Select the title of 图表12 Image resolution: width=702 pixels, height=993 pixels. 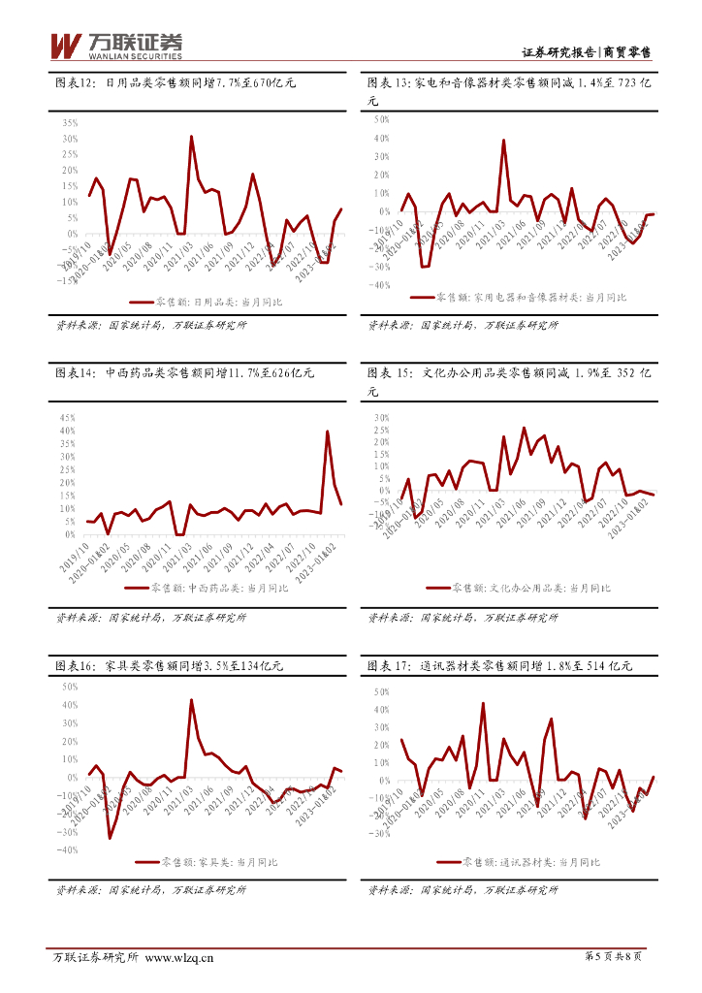click(x=175, y=84)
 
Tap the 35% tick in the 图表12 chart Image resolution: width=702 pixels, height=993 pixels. click(x=70, y=123)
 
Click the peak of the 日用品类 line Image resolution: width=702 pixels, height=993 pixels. click(x=191, y=137)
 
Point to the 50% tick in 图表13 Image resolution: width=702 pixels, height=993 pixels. click(x=380, y=120)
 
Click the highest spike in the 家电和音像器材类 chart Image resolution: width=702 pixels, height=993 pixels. click(x=504, y=141)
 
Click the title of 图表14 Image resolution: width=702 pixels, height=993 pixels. click(x=184, y=372)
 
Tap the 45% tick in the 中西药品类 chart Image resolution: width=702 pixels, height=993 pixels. click(x=68, y=417)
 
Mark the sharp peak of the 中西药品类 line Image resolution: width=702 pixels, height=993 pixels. click(x=328, y=432)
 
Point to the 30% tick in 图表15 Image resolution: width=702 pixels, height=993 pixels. click(x=380, y=418)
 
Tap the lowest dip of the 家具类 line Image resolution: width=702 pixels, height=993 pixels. click(x=110, y=838)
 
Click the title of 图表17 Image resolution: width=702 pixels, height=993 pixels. click(x=499, y=666)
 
